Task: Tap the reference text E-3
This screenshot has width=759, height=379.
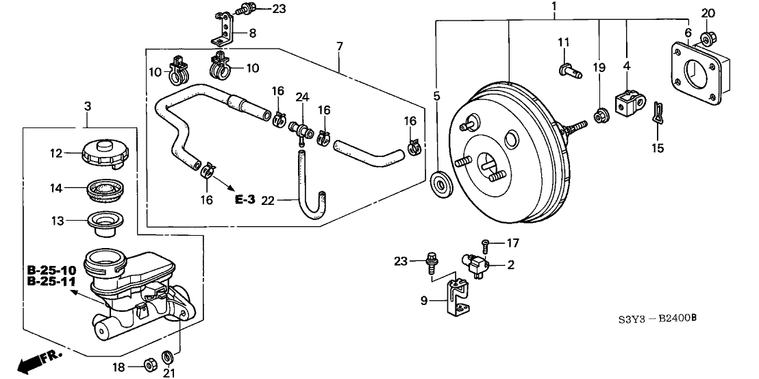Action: click(x=245, y=199)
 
